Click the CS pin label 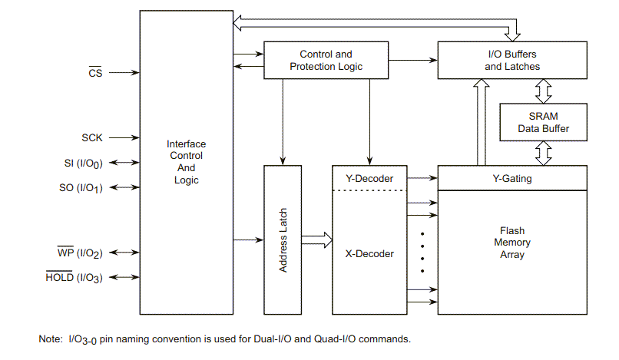[x=95, y=73]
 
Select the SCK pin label [x=92, y=138]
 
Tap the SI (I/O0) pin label [x=84, y=163]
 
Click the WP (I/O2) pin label [x=80, y=253]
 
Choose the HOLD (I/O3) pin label [x=74, y=277]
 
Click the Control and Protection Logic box [x=326, y=61]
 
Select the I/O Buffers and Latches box [x=512, y=61]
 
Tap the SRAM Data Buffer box [x=544, y=122]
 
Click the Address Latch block [x=283, y=239]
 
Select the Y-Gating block [x=512, y=179]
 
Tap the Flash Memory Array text [x=512, y=243]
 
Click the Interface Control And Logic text [x=186, y=162]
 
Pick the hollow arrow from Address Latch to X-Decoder [x=317, y=239]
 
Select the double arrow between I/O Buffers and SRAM [x=544, y=92]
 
